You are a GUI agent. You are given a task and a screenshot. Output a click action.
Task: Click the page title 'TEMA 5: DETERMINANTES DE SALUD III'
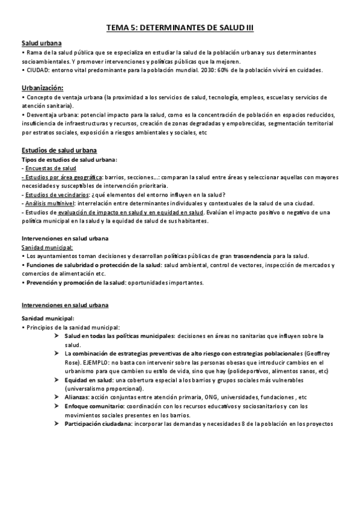[x=180, y=27]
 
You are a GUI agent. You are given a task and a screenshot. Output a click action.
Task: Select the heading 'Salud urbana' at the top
[x=41, y=44]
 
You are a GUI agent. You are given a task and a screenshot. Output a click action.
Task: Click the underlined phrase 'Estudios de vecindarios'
[x=52, y=194]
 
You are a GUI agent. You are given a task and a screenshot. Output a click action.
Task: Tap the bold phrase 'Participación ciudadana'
[x=98, y=424]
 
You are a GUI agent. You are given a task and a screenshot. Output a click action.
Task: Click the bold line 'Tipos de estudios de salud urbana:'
[x=69, y=159]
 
